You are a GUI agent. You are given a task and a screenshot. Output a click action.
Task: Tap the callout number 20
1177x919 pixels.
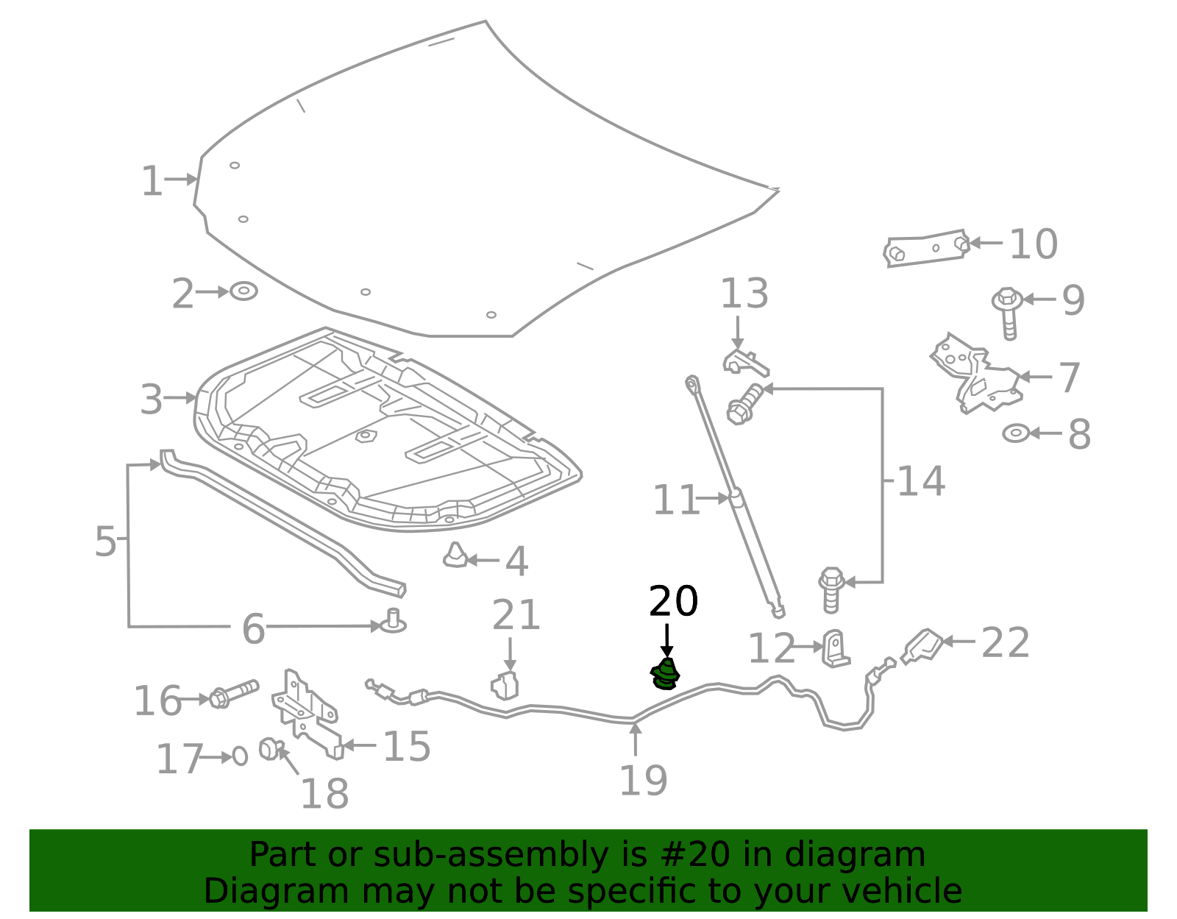pos(673,601)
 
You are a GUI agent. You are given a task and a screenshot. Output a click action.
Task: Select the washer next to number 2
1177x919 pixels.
pos(243,291)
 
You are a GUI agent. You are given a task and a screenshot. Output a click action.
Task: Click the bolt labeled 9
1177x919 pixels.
pos(1008,312)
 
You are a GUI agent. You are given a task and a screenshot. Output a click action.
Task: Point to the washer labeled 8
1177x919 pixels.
pos(1016,433)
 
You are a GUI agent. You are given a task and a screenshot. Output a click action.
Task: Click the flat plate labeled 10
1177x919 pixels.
pos(926,248)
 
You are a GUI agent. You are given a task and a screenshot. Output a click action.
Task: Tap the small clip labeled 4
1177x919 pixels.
pos(455,556)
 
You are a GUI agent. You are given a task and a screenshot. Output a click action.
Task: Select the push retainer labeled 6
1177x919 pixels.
pos(394,622)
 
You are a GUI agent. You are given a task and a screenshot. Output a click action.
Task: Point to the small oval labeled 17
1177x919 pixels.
pos(240,756)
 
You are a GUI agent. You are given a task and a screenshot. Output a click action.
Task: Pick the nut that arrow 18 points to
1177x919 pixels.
pos(269,748)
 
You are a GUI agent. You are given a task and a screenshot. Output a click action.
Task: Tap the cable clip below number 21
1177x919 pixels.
pos(505,685)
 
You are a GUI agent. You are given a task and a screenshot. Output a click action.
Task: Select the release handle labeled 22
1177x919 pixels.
pos(923,645)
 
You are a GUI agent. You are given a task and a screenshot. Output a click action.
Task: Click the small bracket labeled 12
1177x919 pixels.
pos(835,648)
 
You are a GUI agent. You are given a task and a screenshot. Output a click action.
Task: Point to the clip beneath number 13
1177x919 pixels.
pos(744,361)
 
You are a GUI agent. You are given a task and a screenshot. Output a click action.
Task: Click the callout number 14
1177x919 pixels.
pos(920,481)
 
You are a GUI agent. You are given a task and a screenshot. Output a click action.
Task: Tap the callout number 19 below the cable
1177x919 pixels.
pos(643,781)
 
